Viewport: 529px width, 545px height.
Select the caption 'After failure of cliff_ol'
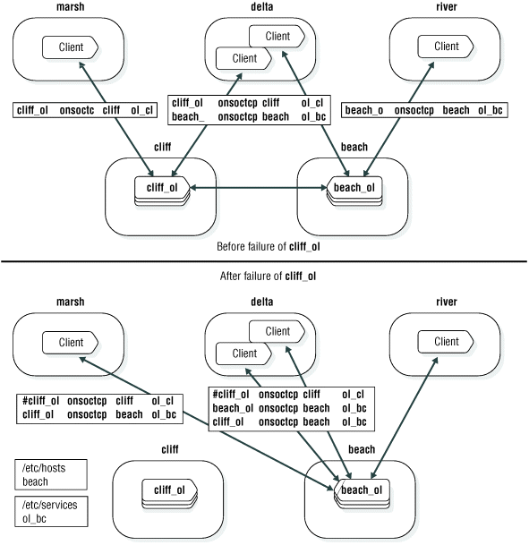click(265, 276)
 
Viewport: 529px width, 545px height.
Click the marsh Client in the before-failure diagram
click(71, 47)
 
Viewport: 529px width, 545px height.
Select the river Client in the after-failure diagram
click(446, 342)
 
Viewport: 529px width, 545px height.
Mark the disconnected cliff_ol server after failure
click(168, 490)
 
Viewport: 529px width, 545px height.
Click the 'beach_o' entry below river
click(363, 110)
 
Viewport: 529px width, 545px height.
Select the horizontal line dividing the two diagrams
click(264, 260)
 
